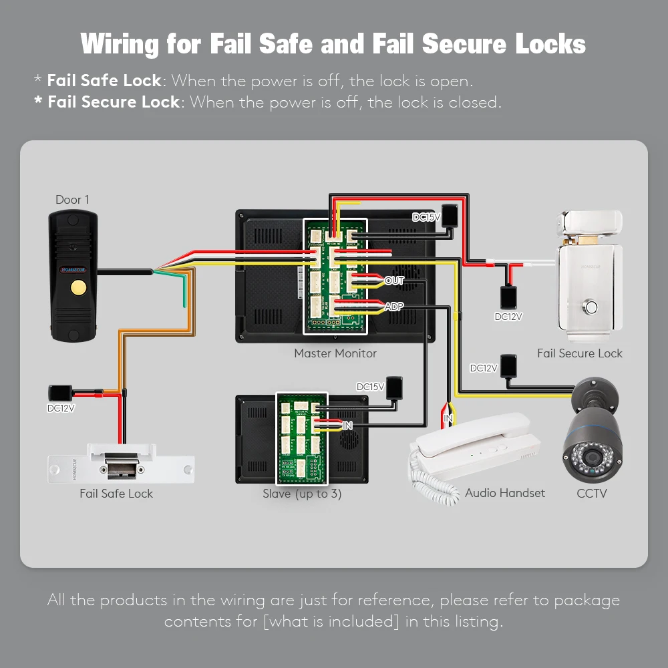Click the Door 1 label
tap(72, 200)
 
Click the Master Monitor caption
tap(335, 353)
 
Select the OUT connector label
tap(394, 281)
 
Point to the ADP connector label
tap(394, 307)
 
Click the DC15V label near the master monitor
tap(426, 217)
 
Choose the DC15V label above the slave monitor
tap(370, 387)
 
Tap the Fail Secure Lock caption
tap(579, 353)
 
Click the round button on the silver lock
tap(591, 308)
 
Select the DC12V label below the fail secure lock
tap(508, 317)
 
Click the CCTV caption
tap(592, 493)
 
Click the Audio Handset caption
tap(505, 493)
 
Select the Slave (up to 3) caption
tap(302, 494)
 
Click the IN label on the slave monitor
tap(347, 425)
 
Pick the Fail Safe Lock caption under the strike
tap(116, 494)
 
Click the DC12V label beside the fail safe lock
tap(61, 408)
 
